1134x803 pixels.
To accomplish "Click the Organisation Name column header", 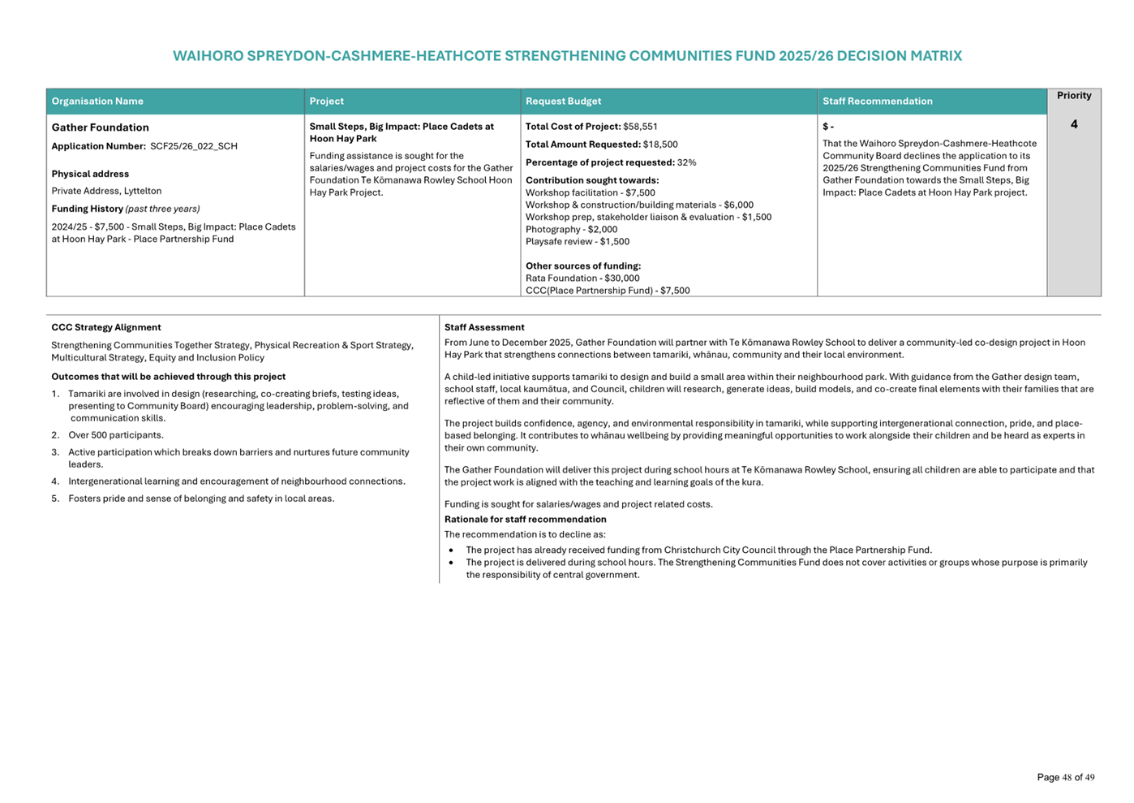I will point(97,101).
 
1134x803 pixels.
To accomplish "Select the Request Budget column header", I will point(563,101).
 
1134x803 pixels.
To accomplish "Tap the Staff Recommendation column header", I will point(877,101).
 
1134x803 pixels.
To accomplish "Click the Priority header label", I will point(1073,96).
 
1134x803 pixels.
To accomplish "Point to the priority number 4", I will point(1074,124).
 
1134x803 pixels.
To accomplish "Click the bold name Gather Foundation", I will point(100,127).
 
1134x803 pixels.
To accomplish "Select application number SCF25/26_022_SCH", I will point(194,146).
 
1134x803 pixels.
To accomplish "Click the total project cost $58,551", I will point(640,127).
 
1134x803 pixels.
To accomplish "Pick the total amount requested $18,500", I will point(660,145).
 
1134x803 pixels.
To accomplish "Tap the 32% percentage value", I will point(686,162).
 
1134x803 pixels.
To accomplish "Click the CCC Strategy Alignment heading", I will point(106,328).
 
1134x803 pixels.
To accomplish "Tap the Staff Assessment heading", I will point(484,328).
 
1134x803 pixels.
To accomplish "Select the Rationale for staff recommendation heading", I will point(525,520).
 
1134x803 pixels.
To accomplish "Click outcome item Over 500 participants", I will point(116,435).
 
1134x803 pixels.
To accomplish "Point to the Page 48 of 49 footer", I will point(1065,778).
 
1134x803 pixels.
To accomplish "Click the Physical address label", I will point(90,174).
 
